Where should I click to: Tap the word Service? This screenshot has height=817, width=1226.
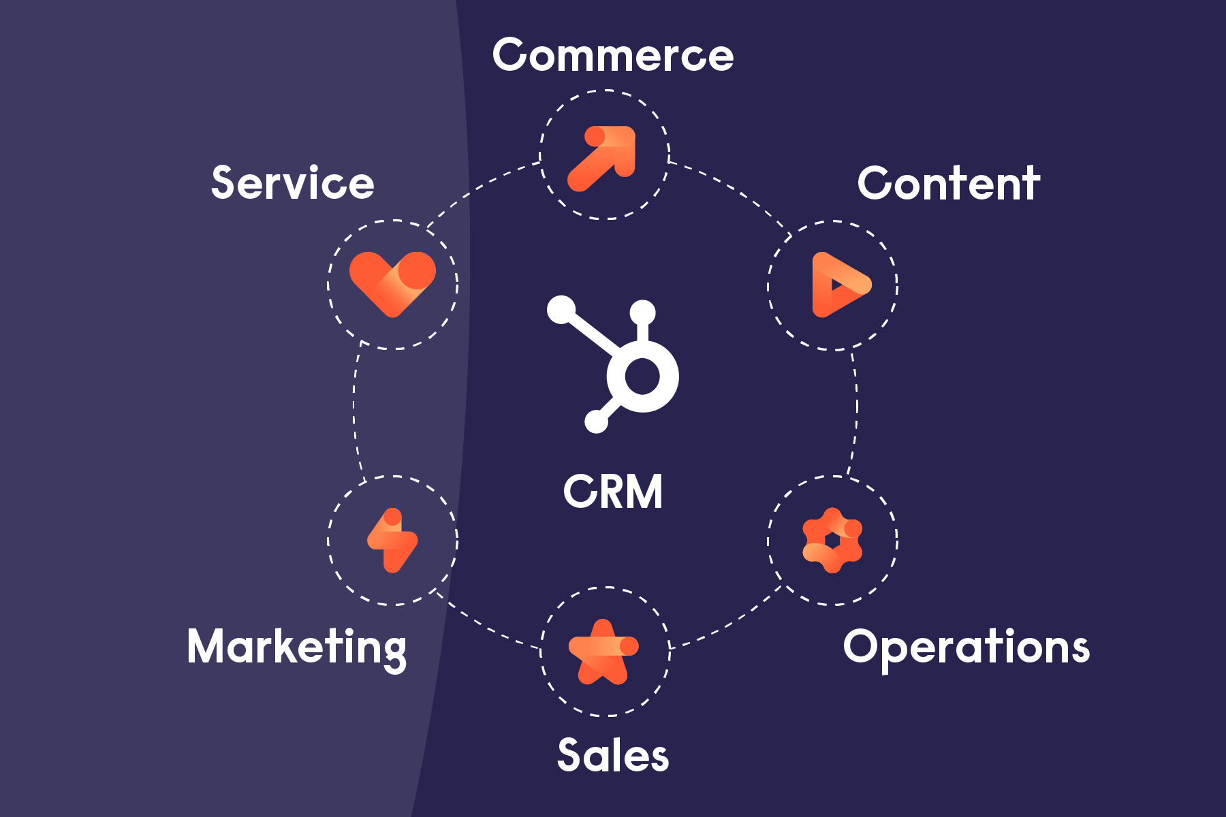293,182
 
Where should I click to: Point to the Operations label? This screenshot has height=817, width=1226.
966,647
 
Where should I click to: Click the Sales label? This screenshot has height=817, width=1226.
613,756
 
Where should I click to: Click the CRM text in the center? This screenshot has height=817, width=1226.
613,492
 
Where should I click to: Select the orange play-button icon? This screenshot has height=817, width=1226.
838,285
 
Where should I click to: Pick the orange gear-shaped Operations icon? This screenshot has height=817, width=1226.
832,541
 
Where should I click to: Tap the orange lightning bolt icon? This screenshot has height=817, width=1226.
392,541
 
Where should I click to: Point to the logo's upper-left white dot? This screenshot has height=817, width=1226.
561,310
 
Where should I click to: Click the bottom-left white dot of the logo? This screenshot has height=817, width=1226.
596,421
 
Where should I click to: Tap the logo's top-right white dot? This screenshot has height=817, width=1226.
642,313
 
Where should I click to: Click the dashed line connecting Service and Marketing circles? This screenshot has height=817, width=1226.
354,412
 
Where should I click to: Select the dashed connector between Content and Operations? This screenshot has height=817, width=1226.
856,412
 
